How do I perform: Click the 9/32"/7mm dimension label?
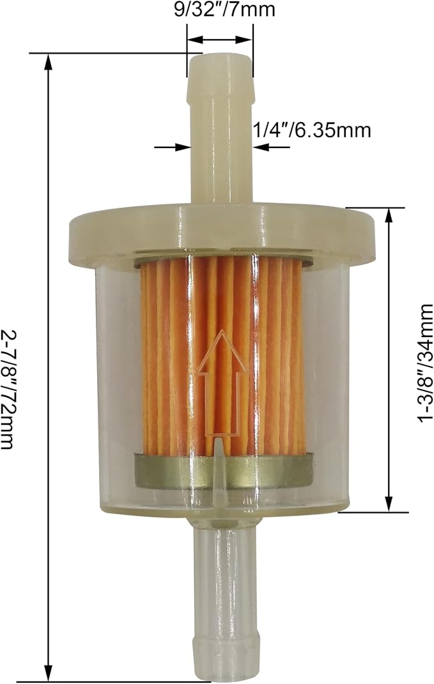[x=224, y=9]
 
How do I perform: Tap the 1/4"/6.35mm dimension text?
[x=312, y=130]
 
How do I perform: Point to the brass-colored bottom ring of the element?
[x=223, y=470]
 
